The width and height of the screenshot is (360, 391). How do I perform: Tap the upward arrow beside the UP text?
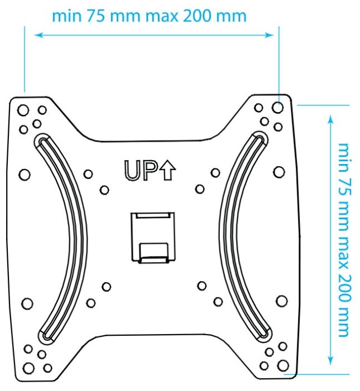pyautogui.click(x=167, y=170)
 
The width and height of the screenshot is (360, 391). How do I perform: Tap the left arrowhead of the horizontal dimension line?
pyautogui.click(x=38, y=35)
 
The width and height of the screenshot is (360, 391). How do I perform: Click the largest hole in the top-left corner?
pyautogui.click(x=23, y=109)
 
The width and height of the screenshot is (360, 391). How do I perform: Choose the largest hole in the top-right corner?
pyautogui.click(x=280, y=105)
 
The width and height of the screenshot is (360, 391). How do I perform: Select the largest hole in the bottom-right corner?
pyautogui.click(x=283, y=365)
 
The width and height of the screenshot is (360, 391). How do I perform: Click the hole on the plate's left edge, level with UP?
pyautogui.click(x=24, y=175)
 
